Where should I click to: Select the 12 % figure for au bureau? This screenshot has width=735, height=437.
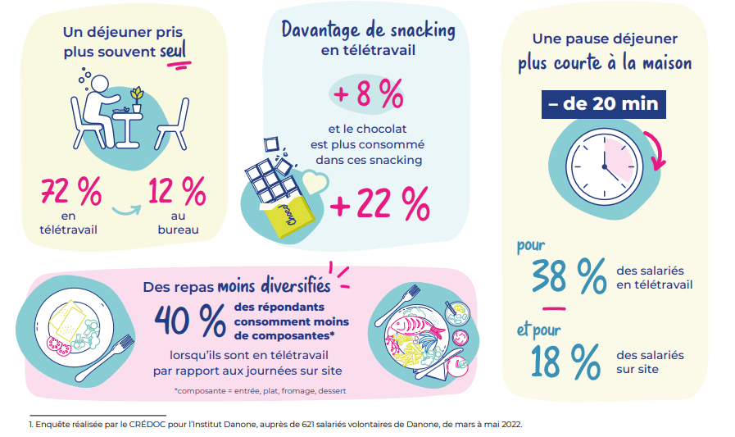coord(177,193)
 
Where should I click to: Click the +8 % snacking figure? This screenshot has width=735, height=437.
coord(369,95)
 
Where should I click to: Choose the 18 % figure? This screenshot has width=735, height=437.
coord(565,361)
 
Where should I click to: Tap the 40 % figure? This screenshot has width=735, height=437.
coord(190,319)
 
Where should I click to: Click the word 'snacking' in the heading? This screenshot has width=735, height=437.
coord(415,30)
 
